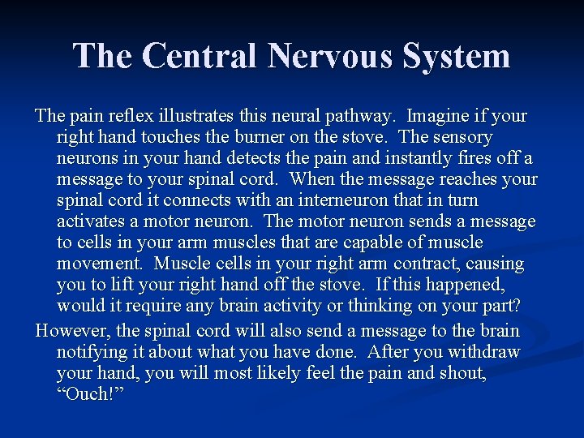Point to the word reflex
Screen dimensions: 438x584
[x=122, y=116]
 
